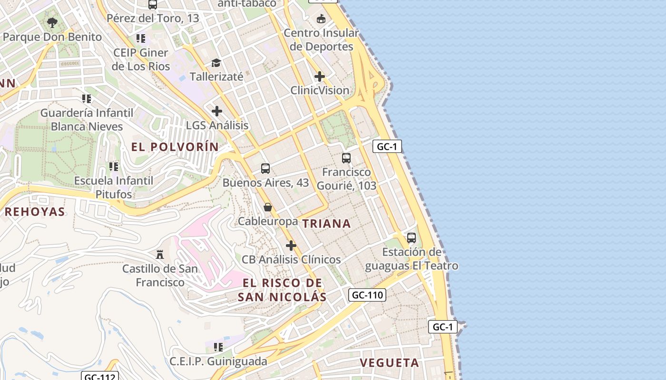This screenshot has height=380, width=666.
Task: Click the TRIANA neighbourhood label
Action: (326, 224)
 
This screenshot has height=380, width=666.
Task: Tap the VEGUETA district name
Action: (389, 363)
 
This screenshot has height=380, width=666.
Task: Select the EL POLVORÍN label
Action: (175, 147)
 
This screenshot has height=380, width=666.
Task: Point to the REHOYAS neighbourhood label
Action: (35, 212)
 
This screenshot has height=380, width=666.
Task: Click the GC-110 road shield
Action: (367, 295)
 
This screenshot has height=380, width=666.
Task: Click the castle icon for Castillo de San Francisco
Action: (160, 255)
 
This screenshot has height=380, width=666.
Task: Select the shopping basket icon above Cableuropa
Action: (268, 207)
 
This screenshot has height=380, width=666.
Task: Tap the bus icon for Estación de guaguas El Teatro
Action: (411, 238)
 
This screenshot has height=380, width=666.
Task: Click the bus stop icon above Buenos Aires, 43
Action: (265, 169)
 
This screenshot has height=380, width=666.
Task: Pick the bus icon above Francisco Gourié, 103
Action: (346, 158)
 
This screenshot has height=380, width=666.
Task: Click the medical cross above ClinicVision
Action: (320, 76)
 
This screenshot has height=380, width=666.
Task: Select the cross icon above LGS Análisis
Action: (217, 111)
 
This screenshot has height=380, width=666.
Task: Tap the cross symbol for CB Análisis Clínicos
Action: (291, 246)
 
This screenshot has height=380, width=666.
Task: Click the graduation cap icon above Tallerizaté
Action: (216, 63)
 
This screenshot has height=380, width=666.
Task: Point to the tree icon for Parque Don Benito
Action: (52, 23)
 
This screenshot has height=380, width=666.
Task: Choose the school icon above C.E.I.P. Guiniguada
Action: (218, 347)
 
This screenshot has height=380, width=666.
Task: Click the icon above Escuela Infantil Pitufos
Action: (114, 167)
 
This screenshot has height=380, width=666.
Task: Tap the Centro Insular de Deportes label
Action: (322, 40)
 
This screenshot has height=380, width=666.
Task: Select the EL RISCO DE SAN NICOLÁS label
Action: (282, 290)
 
